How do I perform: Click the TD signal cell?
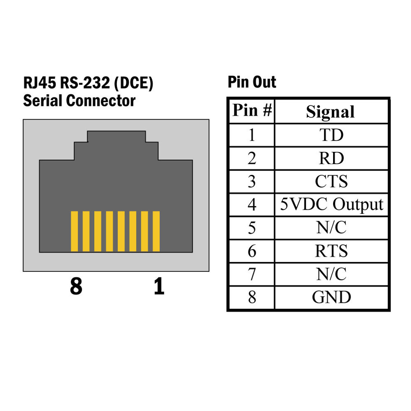pos(331,135)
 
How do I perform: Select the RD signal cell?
pos(331,158)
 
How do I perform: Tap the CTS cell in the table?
pos(331,181)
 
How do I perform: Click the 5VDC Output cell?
pos(331,204)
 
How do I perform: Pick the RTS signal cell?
pos(331,251)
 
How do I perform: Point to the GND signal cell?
pos(331,297)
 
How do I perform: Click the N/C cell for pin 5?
pos(331,228)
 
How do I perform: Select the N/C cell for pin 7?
pos(331,274)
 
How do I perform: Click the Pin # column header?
pos(252,111)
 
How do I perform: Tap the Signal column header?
pos(330,112)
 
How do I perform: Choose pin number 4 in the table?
pos(252,204)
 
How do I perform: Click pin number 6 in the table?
pos(252,251)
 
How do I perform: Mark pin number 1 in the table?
pos(252,135)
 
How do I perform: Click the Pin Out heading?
pos(252,82)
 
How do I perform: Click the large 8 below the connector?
pos(76,286)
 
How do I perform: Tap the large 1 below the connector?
pos(159,286)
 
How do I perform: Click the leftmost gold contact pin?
pos(74,231)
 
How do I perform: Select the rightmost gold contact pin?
pos(156,231)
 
